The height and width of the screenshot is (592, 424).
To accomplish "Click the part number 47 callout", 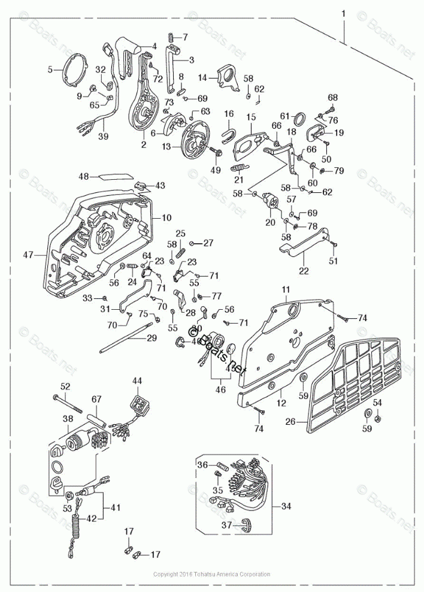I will (x=28, y=255).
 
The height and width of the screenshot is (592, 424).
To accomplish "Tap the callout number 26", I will (x=290, y=421).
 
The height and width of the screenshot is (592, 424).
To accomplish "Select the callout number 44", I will (x=137, y=380).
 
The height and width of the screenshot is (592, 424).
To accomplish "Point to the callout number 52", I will (x=65, y=386).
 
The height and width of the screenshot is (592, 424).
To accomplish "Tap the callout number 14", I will (x=202, y=77).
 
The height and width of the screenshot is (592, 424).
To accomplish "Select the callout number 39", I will (x=104, y=137).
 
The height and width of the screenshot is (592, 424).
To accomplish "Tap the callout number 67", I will (x=96, y=400).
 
